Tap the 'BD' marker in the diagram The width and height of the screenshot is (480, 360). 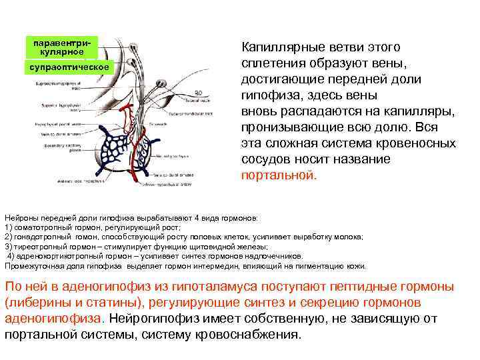coord(199,92)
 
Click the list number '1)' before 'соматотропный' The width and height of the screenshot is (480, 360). coord(8,227)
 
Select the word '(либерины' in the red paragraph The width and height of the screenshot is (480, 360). coord(35,302)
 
